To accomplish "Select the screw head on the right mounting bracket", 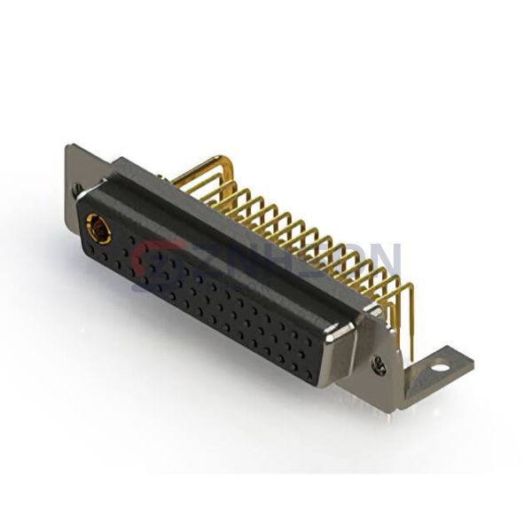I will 379,364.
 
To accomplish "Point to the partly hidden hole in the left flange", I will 78,189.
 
